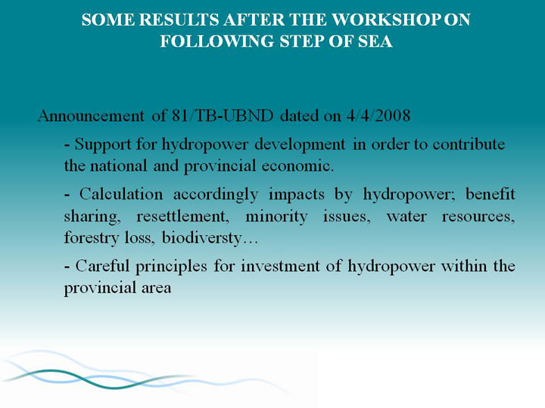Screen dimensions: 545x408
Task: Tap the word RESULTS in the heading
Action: [x=179, y=20]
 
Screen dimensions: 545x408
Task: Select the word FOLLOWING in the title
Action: [x=217, y=41]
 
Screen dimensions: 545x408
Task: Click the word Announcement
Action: [x=91, y=116]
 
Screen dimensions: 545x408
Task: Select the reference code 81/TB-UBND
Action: [x=223, y=116]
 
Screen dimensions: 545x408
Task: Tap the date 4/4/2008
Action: [x=378, y=116]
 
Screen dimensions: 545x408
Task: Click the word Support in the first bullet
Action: [x=103, y=145]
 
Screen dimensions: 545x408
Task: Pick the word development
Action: [x=300, y=145]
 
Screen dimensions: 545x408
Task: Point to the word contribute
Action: [x=469, y=144]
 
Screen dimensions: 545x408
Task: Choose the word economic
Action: [x=297, y=165]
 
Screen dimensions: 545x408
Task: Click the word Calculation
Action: [x=121, y=194]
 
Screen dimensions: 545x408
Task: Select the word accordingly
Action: [x=216, y=195]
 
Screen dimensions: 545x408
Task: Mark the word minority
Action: [x=276, y=217]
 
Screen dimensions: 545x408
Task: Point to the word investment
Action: [x=280, y=266]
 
